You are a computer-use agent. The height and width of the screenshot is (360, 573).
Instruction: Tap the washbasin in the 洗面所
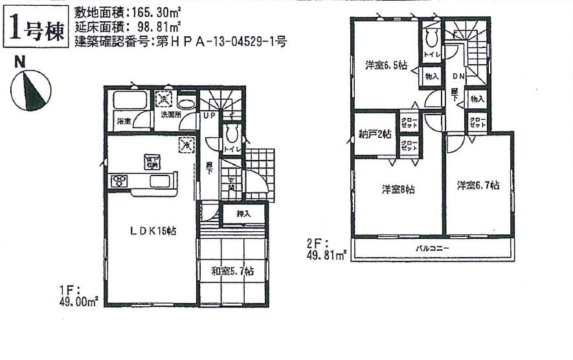click(x=186, y=104)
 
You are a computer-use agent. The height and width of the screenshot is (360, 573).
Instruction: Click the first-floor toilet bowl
click(x=230, y=134)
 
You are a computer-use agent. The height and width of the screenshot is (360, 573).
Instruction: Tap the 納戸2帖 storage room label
click(x=375, y=135)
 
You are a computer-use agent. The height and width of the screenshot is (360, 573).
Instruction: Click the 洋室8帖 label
click(x=398, y=190)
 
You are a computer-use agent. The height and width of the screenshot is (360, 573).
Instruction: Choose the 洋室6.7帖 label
click(x=478, y=186)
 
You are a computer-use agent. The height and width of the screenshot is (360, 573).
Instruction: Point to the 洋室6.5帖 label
click(x=386, y=65)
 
